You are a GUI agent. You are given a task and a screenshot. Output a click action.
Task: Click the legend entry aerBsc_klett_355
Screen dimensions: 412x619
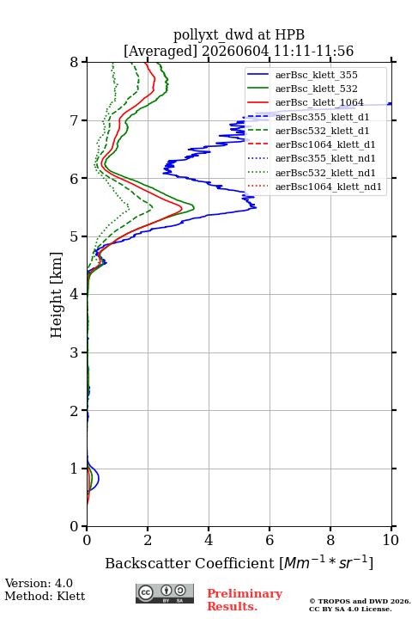[x=302, y=75]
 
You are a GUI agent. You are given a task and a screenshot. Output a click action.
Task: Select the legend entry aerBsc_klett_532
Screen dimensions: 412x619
[x=302, y=89]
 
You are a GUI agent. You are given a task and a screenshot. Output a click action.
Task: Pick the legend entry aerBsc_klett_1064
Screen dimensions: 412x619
[x=306, y=102]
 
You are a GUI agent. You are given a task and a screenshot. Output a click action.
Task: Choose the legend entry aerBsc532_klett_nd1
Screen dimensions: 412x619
[x=311, y=173]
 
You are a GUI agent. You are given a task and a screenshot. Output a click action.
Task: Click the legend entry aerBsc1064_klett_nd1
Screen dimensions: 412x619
[x=314, y=187]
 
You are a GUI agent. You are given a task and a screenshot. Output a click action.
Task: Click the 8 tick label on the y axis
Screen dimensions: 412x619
[x=75, y=62]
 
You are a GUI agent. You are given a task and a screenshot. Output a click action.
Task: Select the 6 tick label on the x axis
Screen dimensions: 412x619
[x=270, y=540]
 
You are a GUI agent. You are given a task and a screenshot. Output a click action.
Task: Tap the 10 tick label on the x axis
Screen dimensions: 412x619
[x=391, y=540]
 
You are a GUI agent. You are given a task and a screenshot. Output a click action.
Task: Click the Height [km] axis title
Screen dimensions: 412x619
[x=57, y=295]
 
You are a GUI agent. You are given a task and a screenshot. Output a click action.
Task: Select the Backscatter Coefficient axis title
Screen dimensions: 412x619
[x=239, y=562]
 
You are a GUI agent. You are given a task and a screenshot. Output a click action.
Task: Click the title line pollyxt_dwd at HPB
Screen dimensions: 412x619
[x=239, y=34]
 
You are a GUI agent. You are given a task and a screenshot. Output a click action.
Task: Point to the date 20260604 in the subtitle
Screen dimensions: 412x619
[x=235, y=51]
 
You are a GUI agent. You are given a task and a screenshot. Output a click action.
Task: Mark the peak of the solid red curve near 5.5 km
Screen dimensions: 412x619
[x=182, y=208]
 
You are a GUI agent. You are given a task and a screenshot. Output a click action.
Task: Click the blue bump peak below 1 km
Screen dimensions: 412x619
[x=99, y=479]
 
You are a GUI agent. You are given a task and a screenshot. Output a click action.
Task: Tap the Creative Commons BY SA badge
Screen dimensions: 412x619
[x=165, y=593]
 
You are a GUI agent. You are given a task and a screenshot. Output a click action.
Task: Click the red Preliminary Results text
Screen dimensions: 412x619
[x=245, y=600]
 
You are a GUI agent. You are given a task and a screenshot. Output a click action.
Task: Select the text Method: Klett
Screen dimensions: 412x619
[x=45, y=596]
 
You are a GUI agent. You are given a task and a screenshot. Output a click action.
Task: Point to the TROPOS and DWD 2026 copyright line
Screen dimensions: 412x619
[x=360, y=602]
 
